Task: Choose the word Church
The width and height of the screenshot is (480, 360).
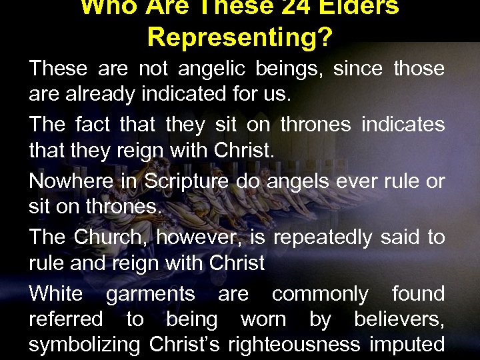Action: click(107, 237)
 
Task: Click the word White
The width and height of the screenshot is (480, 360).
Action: click(56, 293)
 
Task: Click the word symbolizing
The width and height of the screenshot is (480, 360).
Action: click(84, 345)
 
